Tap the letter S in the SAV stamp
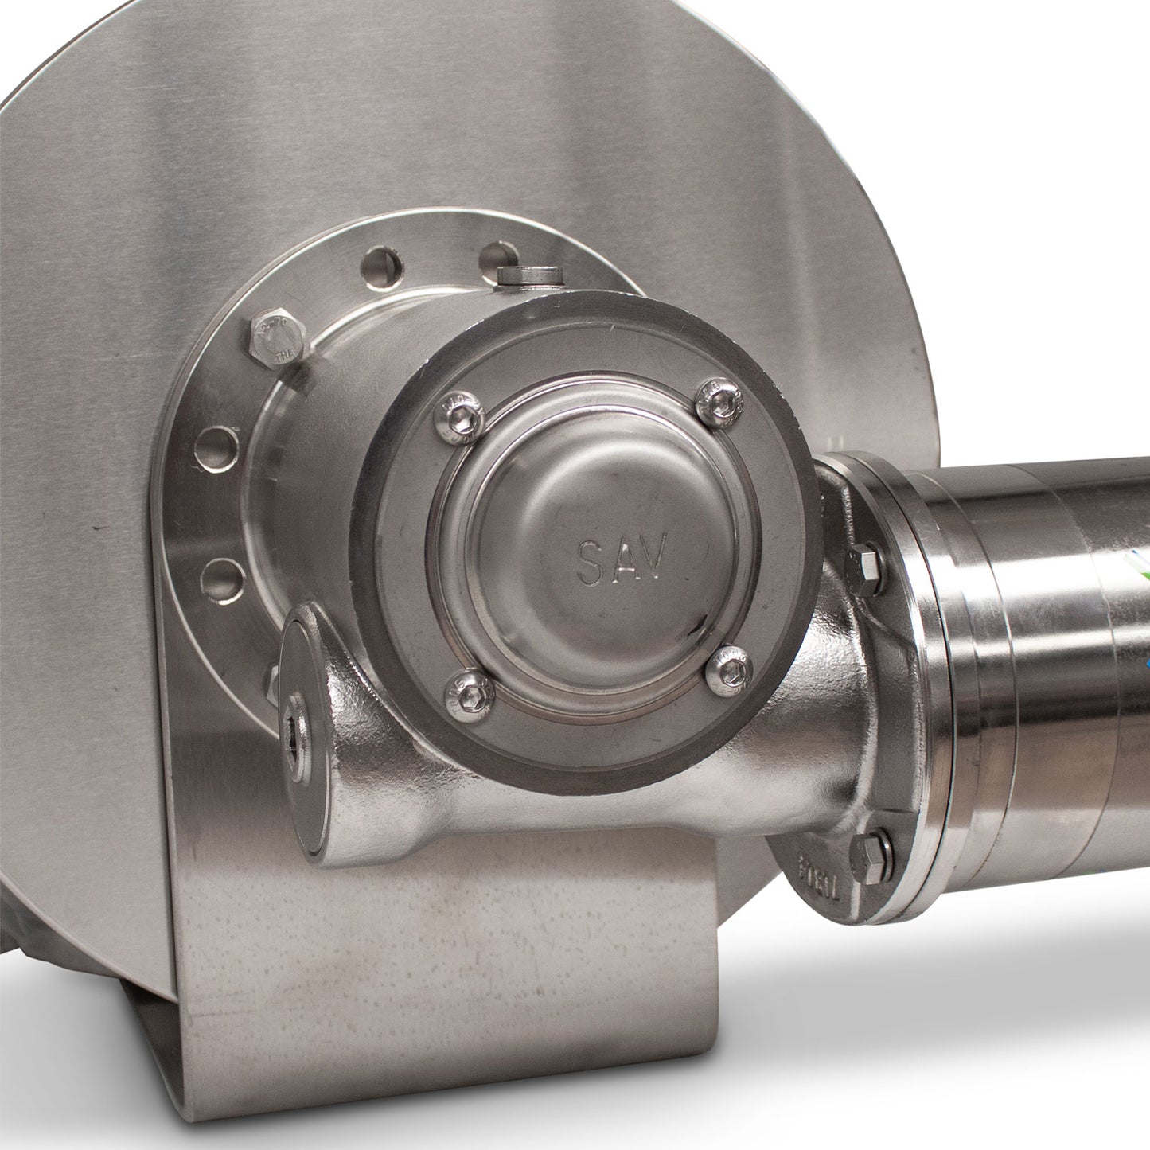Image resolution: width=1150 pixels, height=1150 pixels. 591,563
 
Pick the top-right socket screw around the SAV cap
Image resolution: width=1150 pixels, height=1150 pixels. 719,401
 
